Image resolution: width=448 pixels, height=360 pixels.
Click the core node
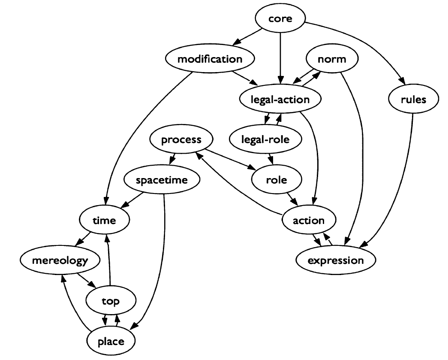pyautogui.click(x=280, y=18)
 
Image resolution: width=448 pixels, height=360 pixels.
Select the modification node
pyautogui.click(x=210, y=59)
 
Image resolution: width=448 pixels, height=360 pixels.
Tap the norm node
pyautogui.click(x=332, y=59)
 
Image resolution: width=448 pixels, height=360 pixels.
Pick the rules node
pyautogui.click(x=413, y=99)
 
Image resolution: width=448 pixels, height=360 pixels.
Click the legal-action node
pyautogui.click(x=280, y=99)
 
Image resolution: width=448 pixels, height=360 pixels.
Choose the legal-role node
pyautogui.click(x=265, y=139)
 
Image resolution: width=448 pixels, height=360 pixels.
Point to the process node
pyautogui.click(x=181, y=139)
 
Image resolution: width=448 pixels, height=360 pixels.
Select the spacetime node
pyautogui.click(x=162, y=180)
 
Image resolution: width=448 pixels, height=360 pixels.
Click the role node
pyautogui.click(x=277, y=180)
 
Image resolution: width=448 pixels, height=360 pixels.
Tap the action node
pyautogui.click(x=309, y=220)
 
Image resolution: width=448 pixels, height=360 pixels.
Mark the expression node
pyautogui.click(x=336, y=260)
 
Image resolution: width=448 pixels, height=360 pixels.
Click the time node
pyautogui.click(x=104, y=220)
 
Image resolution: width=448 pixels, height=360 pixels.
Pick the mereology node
pyautogui.click(x=60, y=260)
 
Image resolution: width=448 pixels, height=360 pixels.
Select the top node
pyautogui.click(x=111, y=300)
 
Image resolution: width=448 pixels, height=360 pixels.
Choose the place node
pyautogui.click(x=111, y=341)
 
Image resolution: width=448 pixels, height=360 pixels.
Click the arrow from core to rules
pyautogui.click(x=364, y=42)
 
